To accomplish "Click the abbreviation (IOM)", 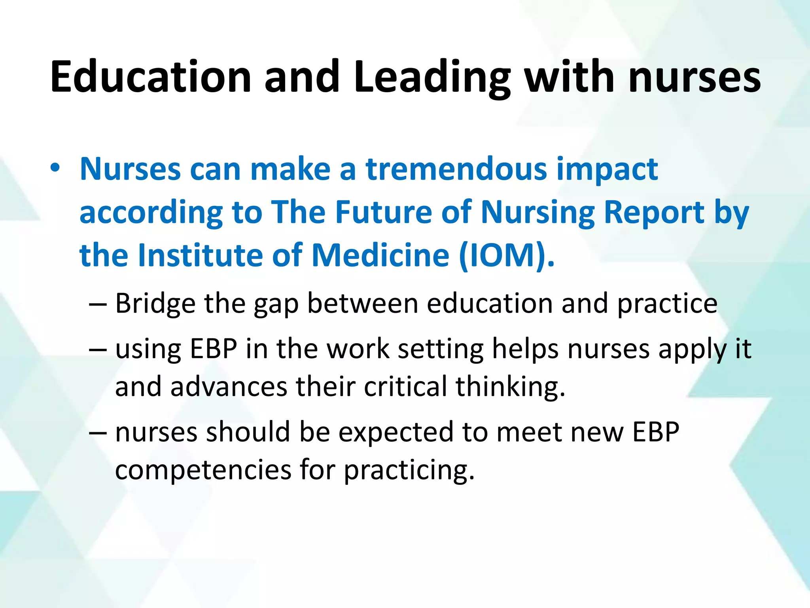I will [x=507, y=256].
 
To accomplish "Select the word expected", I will [x=396, y=432].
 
